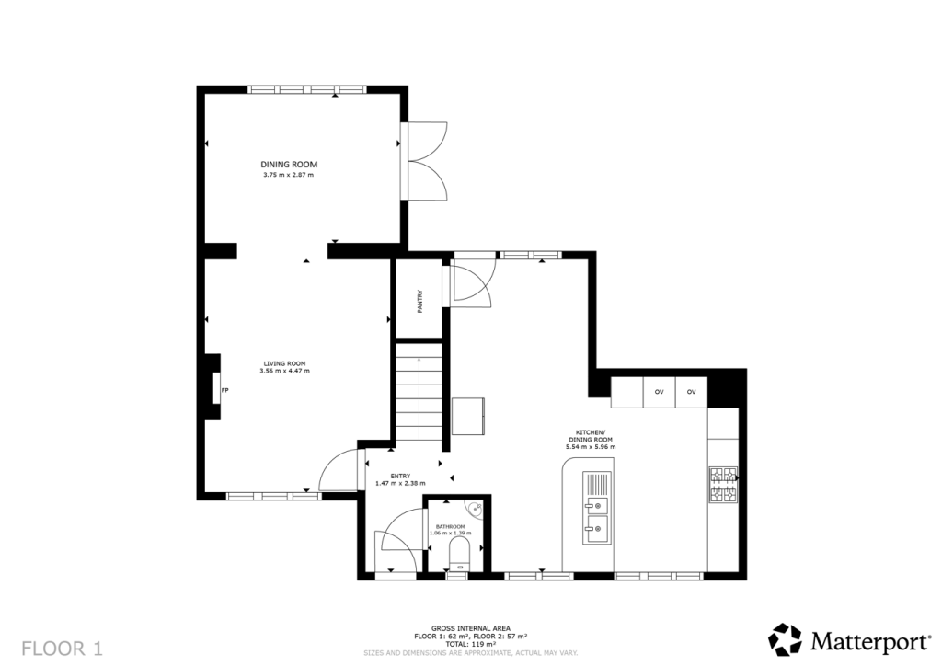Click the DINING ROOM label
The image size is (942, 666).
288,165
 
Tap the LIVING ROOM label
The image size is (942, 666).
285,363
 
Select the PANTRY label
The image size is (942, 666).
419,302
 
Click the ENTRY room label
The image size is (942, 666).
401,477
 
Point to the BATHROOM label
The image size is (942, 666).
451,526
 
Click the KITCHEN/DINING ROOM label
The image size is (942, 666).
591,436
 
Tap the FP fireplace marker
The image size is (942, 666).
224,390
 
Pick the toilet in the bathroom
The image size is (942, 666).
460,554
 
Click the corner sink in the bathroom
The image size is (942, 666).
477,508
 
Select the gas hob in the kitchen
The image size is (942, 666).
724,485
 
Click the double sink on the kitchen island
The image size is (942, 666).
597,508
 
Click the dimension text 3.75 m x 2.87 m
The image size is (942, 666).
288,176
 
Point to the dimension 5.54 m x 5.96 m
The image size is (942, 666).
591,447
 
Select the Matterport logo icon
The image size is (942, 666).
786,639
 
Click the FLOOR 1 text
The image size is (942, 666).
63,649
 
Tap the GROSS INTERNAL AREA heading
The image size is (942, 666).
471,629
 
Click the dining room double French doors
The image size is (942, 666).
424,161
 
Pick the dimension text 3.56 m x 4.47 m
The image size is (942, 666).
285,371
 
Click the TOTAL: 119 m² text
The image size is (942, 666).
471,644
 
